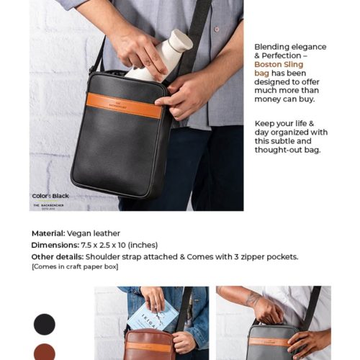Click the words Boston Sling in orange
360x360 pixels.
click(x=279, y=65)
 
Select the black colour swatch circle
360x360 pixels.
click(x=44, y=324)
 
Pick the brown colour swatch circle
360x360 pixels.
click(x=44, y=352)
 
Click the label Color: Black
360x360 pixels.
click(x=50, y=196)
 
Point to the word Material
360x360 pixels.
click(x=47, y=233)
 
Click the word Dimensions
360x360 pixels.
click(x=54, y=245)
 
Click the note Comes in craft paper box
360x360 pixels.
click(x=75, y=267)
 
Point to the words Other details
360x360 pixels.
click(x=57, y=256)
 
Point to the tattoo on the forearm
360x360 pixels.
click(x=252, y=298)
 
